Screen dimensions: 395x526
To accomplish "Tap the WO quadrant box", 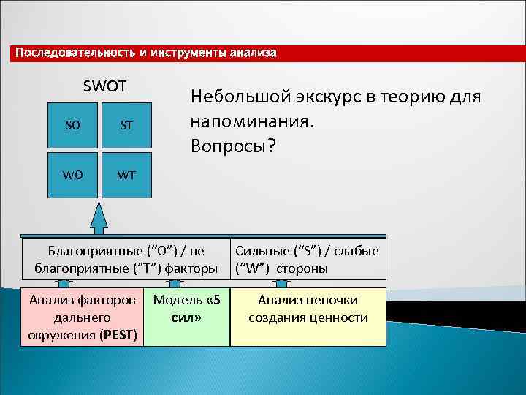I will (73, 176).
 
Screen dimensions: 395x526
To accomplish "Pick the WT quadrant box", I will (126, 176).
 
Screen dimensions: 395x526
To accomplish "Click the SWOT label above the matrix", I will (104, 86).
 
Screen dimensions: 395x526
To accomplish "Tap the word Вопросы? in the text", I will (233, 146).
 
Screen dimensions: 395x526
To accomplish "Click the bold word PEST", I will (118, 336).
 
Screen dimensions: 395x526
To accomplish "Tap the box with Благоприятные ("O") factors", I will (126, 260).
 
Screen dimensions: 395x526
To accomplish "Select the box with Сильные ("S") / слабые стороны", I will (308, 260).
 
